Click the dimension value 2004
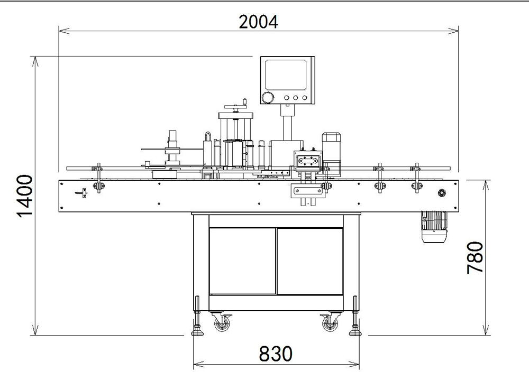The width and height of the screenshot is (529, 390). (x=258, y=22)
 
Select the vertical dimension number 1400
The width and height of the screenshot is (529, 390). (x=25, y=196)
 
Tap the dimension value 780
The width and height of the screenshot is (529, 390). (x=475, y=257)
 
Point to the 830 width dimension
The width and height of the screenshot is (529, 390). (x=276, y=353)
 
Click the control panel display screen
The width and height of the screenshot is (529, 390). (x=286, y=75)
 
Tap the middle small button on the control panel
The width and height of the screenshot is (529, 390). (x=296, y=97)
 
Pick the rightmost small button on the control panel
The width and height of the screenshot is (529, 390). (x=304, y=97)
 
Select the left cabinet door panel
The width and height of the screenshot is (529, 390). (x=242, y=261)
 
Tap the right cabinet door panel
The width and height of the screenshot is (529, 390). (x=310, y=261)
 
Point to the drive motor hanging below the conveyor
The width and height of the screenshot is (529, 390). (x=434, y=227)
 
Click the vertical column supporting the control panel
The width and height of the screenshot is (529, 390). (x=287, y=124)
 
